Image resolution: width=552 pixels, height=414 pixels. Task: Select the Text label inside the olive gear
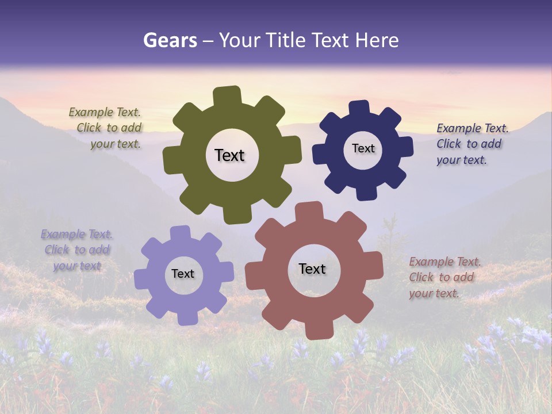point(229,155)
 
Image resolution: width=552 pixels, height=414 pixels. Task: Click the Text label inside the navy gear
point(363,148)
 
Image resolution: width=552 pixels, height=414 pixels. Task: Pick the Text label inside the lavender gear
point(183,274)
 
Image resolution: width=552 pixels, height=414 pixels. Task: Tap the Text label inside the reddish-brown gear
point(312,269)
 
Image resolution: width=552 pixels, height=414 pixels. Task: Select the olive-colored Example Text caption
point(105,128)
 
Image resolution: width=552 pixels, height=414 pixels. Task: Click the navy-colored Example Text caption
point(471,144)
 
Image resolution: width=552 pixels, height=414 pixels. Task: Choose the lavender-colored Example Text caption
point(76,250)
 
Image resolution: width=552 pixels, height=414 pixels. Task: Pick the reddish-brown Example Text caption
point(444,277)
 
